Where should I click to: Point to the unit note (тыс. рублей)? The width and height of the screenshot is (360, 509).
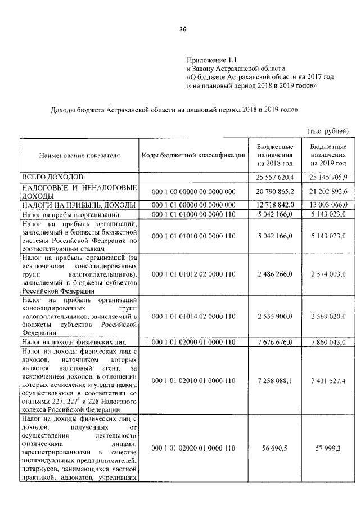coord(328,130)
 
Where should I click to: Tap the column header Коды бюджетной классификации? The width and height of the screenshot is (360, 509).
coord(193,155)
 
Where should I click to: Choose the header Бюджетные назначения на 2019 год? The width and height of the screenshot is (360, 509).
coord(328,154)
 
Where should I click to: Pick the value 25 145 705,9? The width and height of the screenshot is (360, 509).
coord(328,177)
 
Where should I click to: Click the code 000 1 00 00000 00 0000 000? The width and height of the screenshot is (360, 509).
coord(193,192)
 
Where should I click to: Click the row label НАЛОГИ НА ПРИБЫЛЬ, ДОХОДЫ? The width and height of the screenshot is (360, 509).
coord(78,205)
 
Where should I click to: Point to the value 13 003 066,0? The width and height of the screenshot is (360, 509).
coord(328,205)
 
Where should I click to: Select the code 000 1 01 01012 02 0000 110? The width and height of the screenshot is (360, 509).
coord(193,273)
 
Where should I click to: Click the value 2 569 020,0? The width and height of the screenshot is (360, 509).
coord(328,316)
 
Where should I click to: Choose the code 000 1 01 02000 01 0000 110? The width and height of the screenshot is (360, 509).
coord(193,342)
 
